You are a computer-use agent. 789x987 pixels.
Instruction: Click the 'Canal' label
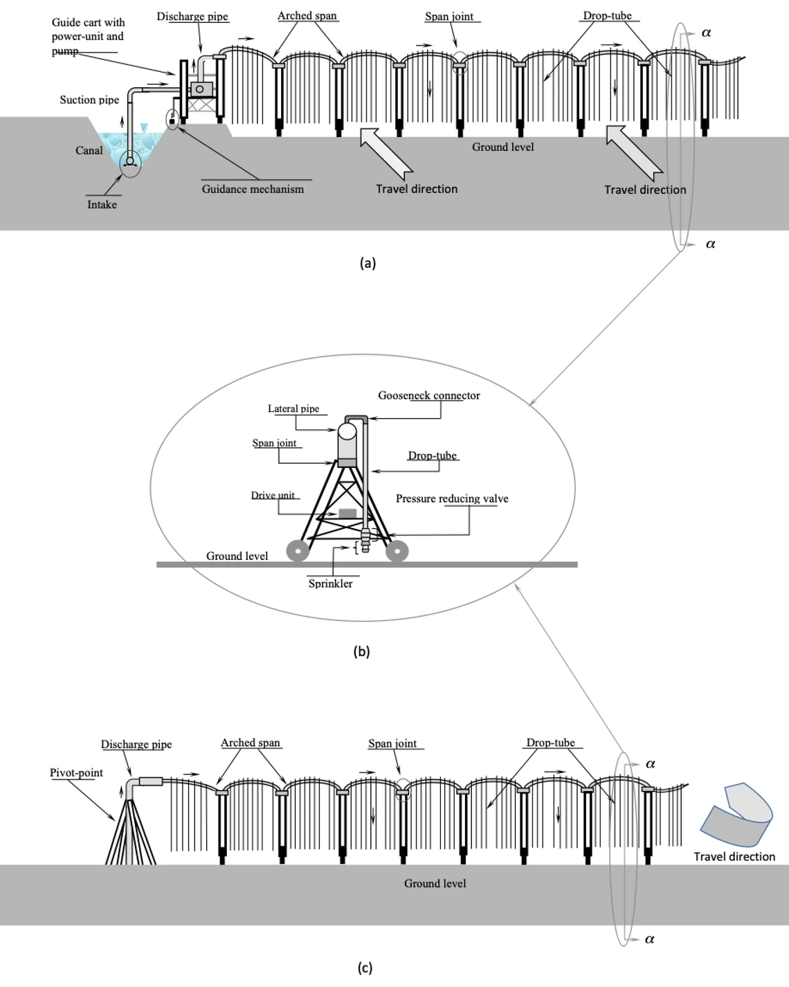pyautogui.click(x=89, y=150)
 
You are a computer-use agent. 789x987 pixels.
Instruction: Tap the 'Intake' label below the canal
pyautogui.click(x=102, y=204)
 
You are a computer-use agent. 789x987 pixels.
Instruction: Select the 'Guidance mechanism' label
pyautogui.click(x=253, y=189)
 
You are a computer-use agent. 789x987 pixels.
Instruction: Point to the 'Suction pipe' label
pyautogui.click(x=89, y=100)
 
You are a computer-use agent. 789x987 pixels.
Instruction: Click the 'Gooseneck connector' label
pyautogui.click(x=428, y=395)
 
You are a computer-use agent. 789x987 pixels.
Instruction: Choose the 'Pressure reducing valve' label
pyautogui.click(x=452, y=498)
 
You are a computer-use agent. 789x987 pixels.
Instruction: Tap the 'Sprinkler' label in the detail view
pyautogui.click(x=330, y=583)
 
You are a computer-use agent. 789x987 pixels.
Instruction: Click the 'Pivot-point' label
pyautogui.click(x=76, y=772)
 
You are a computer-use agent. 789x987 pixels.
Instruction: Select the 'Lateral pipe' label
pyautogui.click(x=293, y=408)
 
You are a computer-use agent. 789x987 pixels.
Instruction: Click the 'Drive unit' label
pyautogui.click(x=273, y=495)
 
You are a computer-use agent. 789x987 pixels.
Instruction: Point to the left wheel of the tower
pyautogui.click(x=298, y=551)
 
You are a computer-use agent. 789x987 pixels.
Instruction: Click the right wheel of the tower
pyautogui.click(x=397, y=551)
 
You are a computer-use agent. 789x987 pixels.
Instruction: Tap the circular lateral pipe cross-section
pyautogui.click(x=347, y=432)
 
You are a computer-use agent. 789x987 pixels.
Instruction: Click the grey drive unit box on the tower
pyautogui.click(x=347, y=514)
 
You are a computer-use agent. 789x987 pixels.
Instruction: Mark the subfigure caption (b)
pyautogui.click(x=361, y=651)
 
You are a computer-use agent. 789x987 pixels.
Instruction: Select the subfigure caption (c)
pyautogui.click(x=365, y=968)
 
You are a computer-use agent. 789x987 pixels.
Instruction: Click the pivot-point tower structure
pyautogui.click(x=131, y=834)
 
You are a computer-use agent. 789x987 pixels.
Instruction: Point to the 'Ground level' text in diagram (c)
pyautogui.click(x=435, y=883)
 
